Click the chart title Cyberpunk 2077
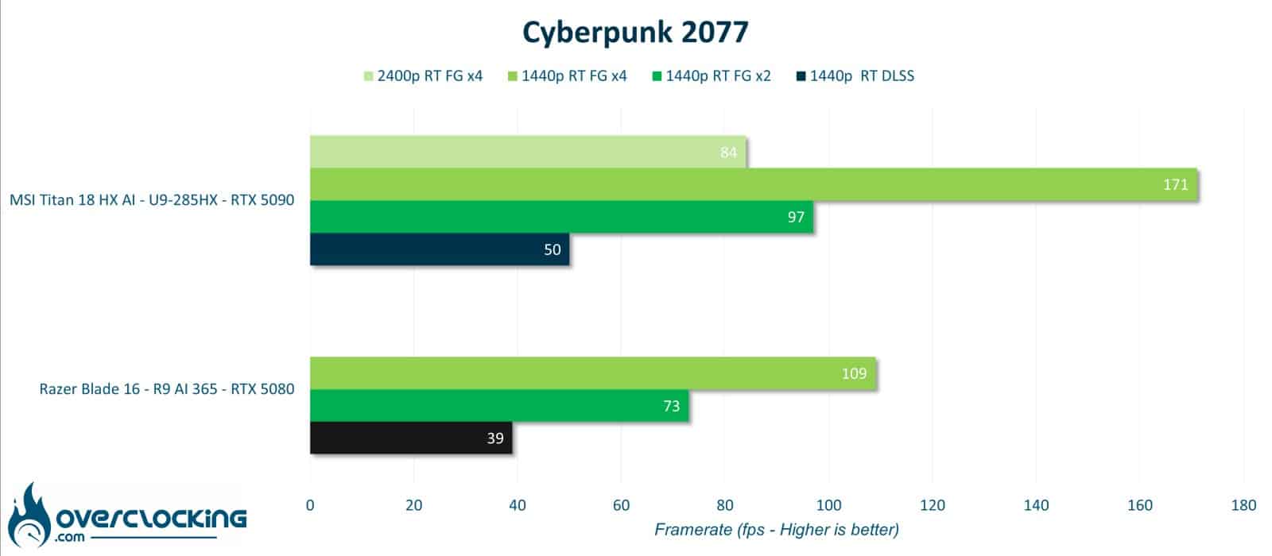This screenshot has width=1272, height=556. [x=635, y=33]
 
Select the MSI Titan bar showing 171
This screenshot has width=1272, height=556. [x=754, y=184]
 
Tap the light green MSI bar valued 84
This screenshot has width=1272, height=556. [x=528, y=152]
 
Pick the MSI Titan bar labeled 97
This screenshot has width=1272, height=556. [x=561, y=217]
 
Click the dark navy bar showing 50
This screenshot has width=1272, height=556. [x=440, y=249]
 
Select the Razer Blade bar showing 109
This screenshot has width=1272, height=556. [x=593, y=373]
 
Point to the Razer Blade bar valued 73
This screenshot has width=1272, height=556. [x=499, y=406]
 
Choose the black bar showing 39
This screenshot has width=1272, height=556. [x=411, y=438]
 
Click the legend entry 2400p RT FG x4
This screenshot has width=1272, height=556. [x=423, y=76]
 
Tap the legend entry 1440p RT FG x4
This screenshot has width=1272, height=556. [x=568, y=76]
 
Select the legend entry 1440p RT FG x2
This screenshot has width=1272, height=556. [x=712, y=76]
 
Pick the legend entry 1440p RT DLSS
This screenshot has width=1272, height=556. [x=855, y=76]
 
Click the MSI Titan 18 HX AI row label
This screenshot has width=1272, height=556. [x=152, y=200]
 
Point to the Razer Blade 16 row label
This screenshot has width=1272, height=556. [x=167, y=389]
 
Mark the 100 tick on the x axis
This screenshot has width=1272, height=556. [x=828, y=505]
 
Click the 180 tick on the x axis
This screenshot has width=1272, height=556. [x=1243, y=505]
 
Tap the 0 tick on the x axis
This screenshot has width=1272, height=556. [x=310, y=505]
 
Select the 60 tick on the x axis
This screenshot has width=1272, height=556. [x=621, y=505]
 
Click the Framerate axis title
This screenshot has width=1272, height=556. [x=777, y=530]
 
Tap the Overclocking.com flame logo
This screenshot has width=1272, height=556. [x=127, y=516]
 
